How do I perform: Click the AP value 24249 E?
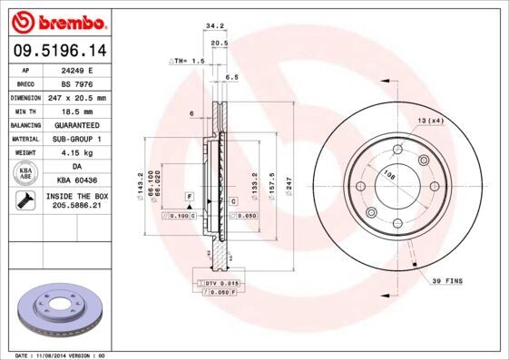pos(76,69)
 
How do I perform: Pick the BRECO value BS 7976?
pos(76,83)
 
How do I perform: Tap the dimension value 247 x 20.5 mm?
pos(76,97)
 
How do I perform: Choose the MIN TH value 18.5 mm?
pos(76,111)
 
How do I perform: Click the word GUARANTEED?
pos(76,124)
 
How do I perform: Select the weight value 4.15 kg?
pos(76,152)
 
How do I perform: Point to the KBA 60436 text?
pos(76,180)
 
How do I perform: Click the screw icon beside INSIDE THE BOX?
pos(24,200)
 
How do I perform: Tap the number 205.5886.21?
pos(76,207)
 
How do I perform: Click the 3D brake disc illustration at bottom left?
pos(60,310)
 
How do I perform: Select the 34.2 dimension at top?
pos(215,27)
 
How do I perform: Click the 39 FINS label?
pos(446,282)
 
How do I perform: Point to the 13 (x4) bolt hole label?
pos(430,121)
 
